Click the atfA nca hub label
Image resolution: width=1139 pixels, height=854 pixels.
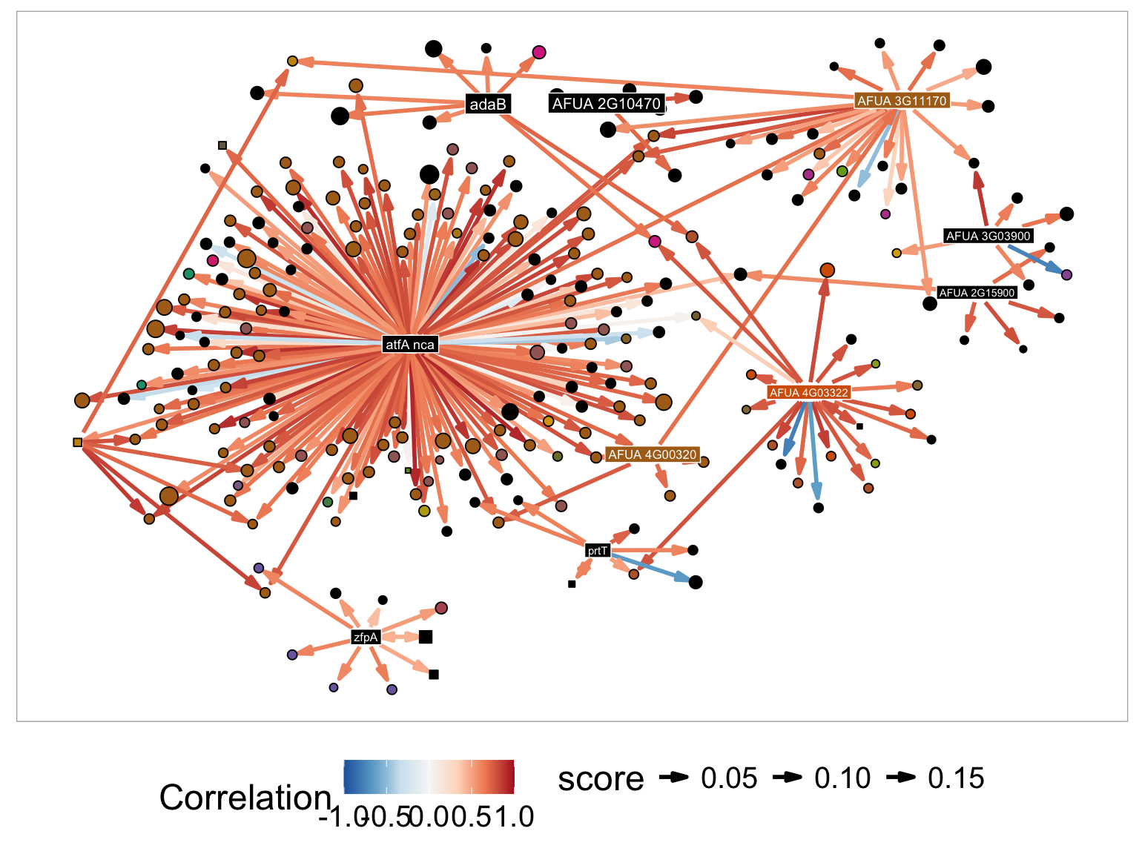tap(409, 345)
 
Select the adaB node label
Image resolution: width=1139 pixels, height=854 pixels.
tap(487, 105)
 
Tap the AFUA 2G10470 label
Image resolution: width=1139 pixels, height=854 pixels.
tap(606, 104)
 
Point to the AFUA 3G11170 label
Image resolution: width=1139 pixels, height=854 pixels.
tap(901, 101)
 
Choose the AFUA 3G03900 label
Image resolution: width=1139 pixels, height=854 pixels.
tap(988, 236)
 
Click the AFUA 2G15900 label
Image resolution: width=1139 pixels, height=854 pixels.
tap(977, 293)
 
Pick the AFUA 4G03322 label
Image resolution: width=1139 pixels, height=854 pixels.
tap(808, 392)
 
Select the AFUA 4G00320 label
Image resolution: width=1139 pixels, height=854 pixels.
tap(653, 454)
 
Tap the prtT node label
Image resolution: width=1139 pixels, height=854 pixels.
tap(598, 550)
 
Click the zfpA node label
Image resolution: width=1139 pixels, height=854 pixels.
tap(366, 637)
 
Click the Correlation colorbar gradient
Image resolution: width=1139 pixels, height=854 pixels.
tap(429, 777)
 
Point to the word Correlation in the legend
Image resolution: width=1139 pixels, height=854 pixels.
tap(245, 798)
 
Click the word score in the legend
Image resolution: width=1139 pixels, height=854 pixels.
tap(601, 778)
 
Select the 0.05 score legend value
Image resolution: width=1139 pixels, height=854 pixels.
tap(729, 778)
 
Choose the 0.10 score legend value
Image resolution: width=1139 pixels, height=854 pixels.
tap(842, 778)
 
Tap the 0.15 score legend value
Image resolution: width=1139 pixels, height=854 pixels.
tap(956, 778)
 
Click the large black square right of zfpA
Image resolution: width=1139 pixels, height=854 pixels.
tap(426, 637)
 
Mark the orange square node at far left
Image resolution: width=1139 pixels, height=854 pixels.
tap(78, 443)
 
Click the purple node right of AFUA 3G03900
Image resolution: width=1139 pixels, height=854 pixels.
tap(1066, 275)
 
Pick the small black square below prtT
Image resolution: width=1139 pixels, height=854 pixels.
tap(572, 584)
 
